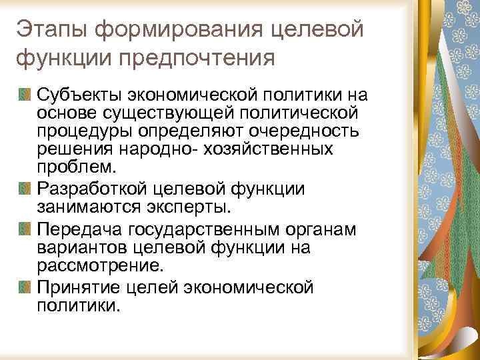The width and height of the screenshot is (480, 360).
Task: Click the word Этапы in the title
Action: click(51, 29)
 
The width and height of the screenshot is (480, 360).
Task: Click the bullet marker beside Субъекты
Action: click(25, 94)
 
